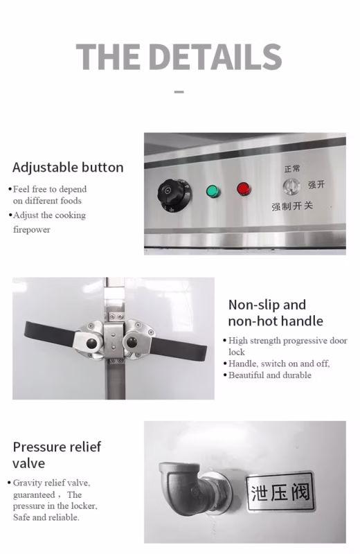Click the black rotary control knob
pyautogui.click(x=174, y=195)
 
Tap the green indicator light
pyautogui.click(x=213, y=191)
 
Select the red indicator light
pyautogui.click(x=244, y=188)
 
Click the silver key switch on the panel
pyautogui.click(x=291, y=186)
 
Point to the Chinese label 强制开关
pyautogui.click(x=292, y=206)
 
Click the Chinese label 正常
pyautogui.click(x=292, y=169)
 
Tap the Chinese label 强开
pyautogui.click(x=316, y=184)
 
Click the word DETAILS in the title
pyautogui.click(x=215, y=57)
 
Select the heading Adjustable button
pyautogui.click(x=68, y=168)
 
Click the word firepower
pyautogui.click(x=32, y=230)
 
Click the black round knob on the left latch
pyautogui.click(x=92, y=343)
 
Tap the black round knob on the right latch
pyautogui.click(x=132, y=342)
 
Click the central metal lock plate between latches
pyautogui.click(x=114, y=341)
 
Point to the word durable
pyautogui.click(x=297, y=375)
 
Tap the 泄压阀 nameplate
pyautogui.click(x=280, y=492)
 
